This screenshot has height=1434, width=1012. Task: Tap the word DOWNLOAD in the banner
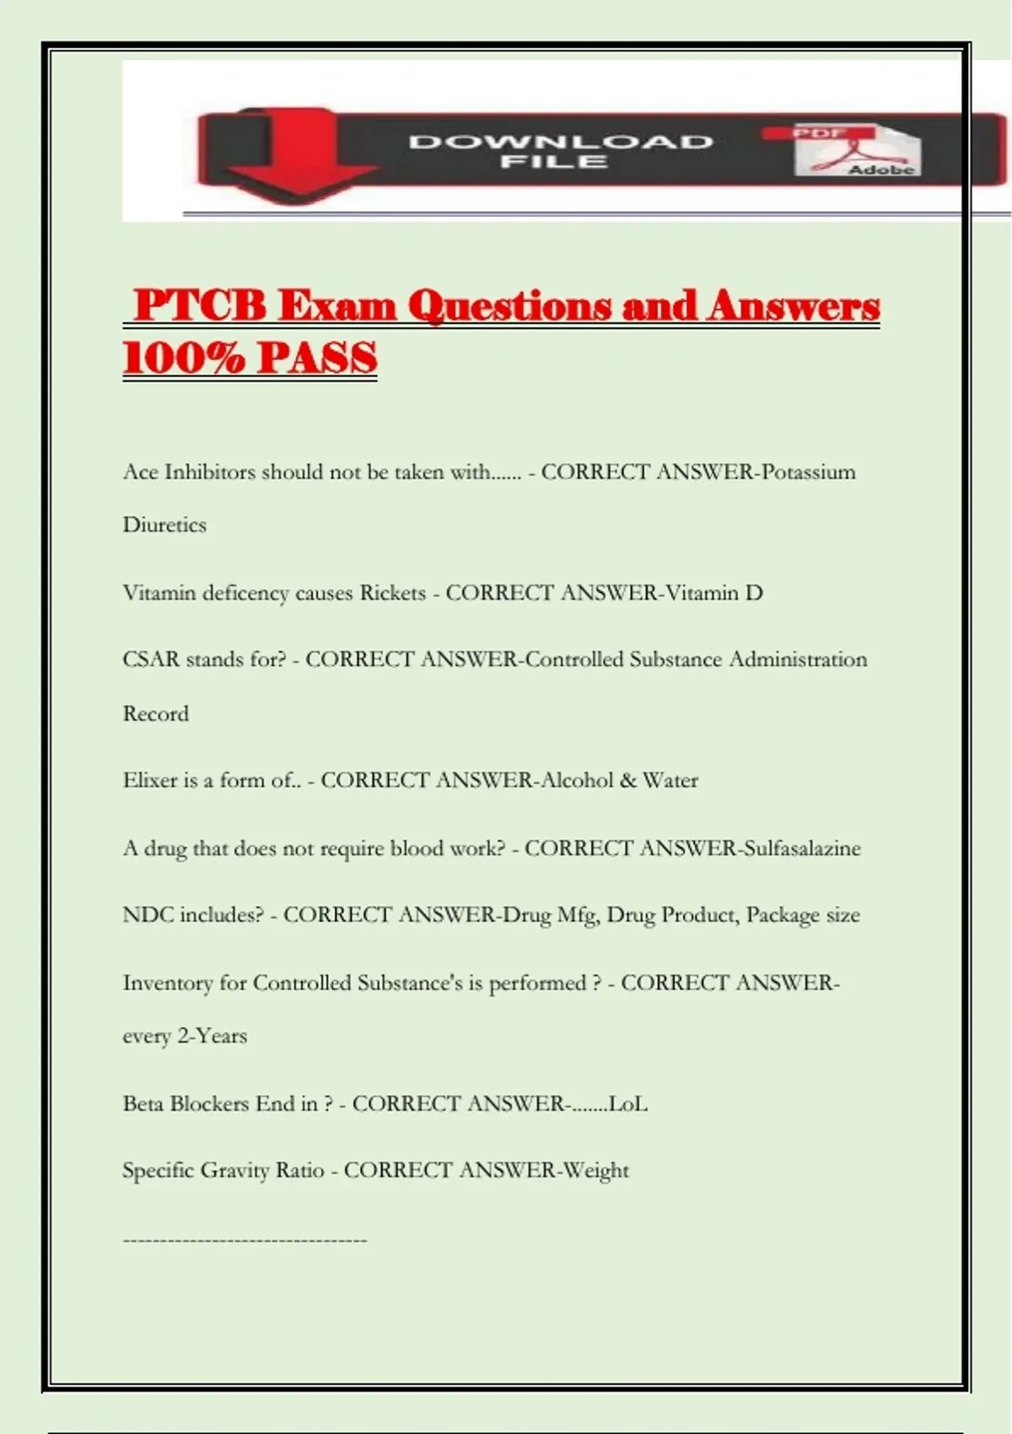click(561, 141)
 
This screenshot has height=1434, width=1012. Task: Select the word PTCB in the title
click(201, 305)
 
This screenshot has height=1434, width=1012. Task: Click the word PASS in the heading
click(317, 358)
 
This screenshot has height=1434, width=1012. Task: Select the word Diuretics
click(164, 525)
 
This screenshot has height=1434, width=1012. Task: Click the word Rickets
click(392, 593)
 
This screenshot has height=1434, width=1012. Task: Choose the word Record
click(156, 714)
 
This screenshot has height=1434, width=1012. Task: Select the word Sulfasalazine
click(801, 848)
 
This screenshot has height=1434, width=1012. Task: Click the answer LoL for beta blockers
click(628, 1103)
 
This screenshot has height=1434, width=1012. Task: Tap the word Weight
click(596, 1171)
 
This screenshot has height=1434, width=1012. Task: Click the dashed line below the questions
click(245, 1240)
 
